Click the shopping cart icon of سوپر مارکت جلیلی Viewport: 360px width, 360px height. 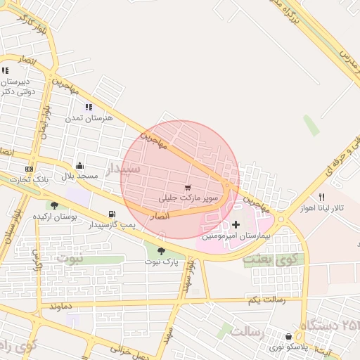tap(188, 188)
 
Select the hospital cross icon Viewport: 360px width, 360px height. tap(236, 225)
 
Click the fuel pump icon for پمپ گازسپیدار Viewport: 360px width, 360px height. tap(111, 214)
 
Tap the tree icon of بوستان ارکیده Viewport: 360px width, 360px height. tap(54, 205)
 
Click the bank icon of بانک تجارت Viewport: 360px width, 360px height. tap(29, 169)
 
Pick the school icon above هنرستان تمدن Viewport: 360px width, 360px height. tap(89, 107)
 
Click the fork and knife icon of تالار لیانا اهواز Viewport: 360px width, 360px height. tap(321, 197)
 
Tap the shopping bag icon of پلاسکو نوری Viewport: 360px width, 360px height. tap(288, 337)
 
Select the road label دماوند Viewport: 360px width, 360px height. tap(61, 307)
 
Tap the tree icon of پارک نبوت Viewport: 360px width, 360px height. tap(162, 251)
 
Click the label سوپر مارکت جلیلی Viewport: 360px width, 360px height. tap(189, 198)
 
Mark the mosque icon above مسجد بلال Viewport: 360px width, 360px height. tap(79, 166)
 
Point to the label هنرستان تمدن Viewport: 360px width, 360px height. tap(89, 118)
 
